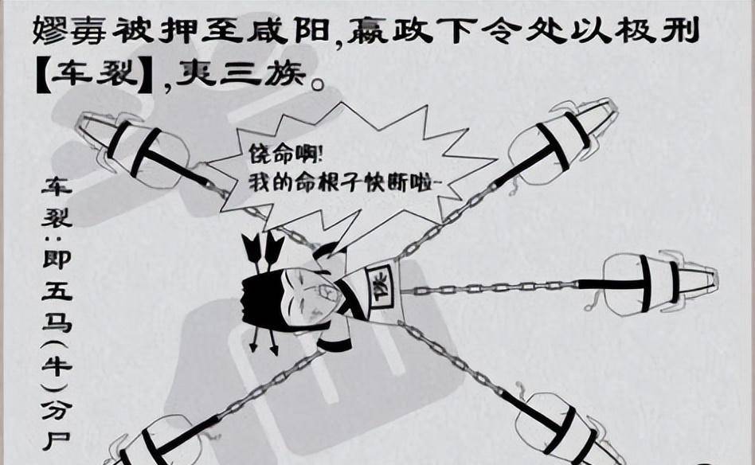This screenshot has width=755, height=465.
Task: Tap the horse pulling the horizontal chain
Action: point(653,283)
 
